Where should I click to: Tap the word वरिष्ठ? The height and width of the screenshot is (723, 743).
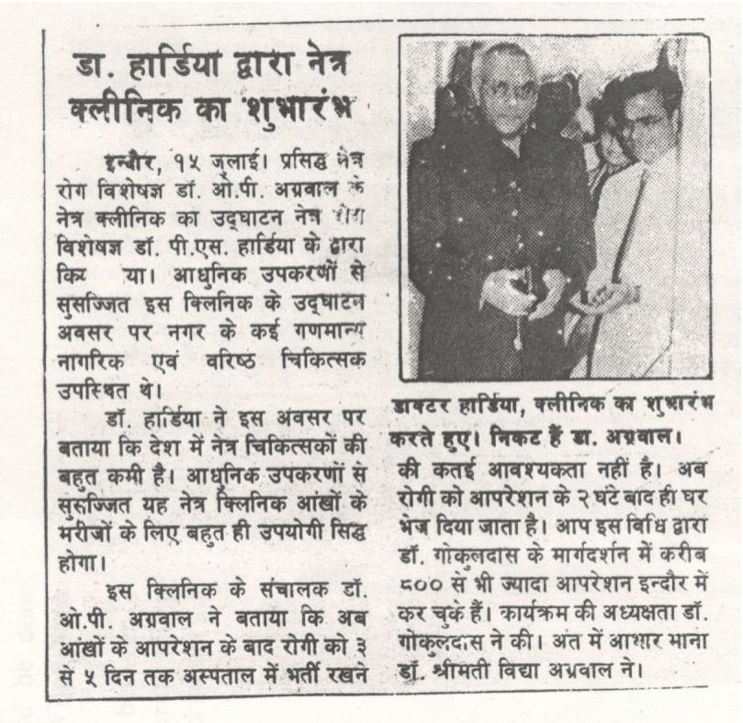[x=224, y=358]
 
